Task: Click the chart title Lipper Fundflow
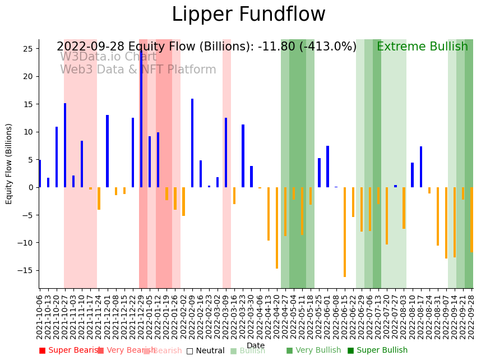pyautogui.click(x=248, y=15)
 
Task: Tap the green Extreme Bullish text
pyautogui.click(x=422, y=47)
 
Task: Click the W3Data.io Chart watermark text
pyautogui.click(x=108, y=57)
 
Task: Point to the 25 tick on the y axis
pyautogui.click(x=28, y=49)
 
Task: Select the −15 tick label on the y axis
pyautogui.click(x=26, y=270)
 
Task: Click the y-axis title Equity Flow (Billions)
pyautogui.click(x=9, y=164)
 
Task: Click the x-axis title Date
pyautogui.click(x=256, y=346)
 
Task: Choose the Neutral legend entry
pyautogui.click(x=205, y=350)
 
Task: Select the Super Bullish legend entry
pyautogui.click(x=377, y=350)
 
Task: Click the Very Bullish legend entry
pyautogui.click(x=313, y=350)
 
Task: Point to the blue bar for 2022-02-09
pyautogui.click(x=192, y=143)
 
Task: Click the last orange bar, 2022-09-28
pyautogui.click(x=472, y=220)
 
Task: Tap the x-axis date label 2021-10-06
pyautogui.click(x=40, y=317)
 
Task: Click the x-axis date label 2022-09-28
pyautogui.click(x=472, y=317)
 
